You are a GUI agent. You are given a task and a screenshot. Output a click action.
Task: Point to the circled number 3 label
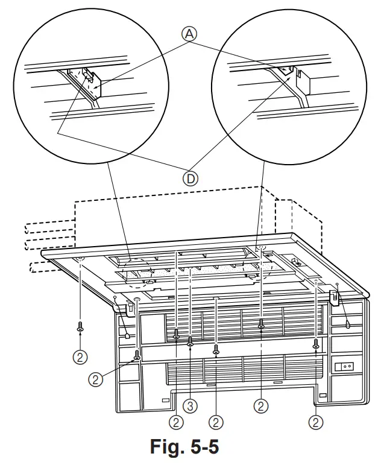pyautogui.click(x=190, y=406)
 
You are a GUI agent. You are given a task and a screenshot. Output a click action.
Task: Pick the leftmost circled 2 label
pyautogui.click(x=80, y=356)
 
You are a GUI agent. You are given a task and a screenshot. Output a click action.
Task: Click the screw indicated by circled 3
pyautogui.click(x=190, y=341)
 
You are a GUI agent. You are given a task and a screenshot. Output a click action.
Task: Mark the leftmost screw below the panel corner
pyautogui.click(x=80, y=327)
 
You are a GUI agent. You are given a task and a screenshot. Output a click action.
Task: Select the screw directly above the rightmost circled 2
pyautogui.click(x=315, y=343)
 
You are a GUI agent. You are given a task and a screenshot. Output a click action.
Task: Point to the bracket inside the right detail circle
pyautogui.click(x=303, y=77)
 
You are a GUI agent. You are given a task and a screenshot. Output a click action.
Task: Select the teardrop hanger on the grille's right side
pyautogui.click(x=348, y=324)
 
